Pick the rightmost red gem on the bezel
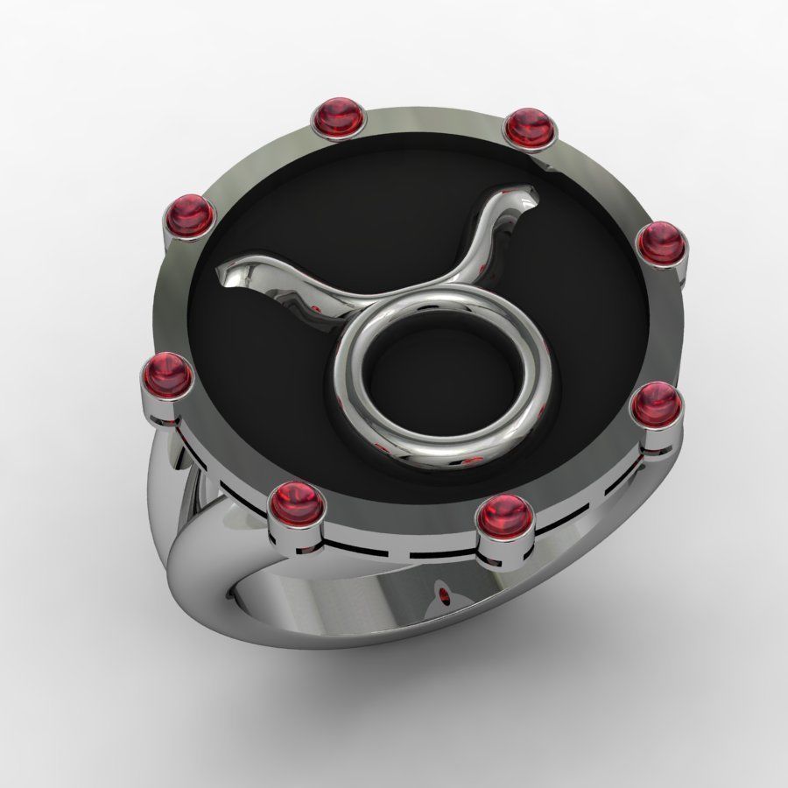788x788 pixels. tap(660, 239)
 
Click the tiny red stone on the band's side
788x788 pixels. tap(447, 598)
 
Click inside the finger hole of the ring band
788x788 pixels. tap(350, 604)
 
